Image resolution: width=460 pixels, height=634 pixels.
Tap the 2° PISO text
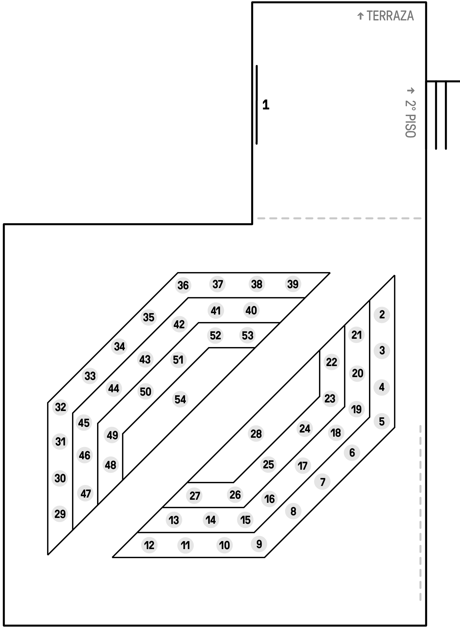(411, 119)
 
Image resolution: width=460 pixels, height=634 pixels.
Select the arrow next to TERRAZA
(360, 16)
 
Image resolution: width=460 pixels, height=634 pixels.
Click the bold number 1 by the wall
(266, 105)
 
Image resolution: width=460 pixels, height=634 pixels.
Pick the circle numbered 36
(183, 285)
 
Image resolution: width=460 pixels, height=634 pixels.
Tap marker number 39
(293, 284)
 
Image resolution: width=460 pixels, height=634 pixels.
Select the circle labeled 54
(180, 399)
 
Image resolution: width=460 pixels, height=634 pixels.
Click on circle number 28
(256, 434)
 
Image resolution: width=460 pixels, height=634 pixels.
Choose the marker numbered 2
(382, 315)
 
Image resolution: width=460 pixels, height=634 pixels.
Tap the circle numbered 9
(259, 544)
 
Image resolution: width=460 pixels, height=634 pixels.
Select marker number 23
(330, 399)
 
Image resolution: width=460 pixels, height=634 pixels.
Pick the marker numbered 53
(247, 335)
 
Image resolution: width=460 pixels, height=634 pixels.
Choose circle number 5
(382, 421)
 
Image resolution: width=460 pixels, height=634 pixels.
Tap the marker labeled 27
(195, 496)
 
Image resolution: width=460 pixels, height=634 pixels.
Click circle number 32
(60, 407)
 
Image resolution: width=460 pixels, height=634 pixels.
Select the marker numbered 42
(179, 324)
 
